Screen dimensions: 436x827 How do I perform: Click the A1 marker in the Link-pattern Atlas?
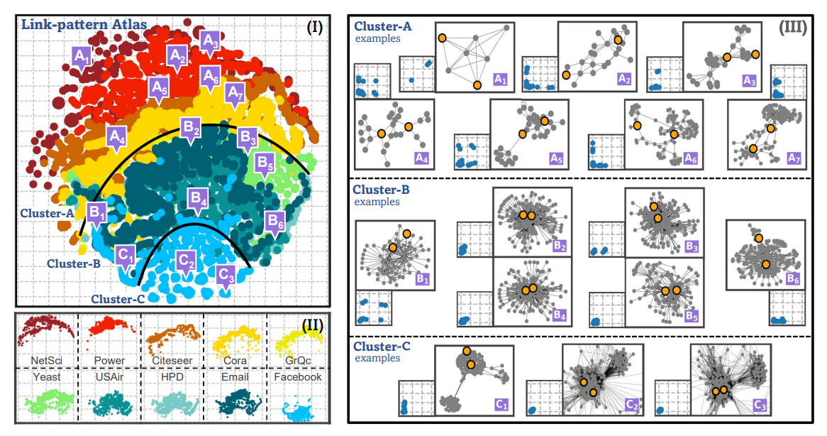tap(82, 55)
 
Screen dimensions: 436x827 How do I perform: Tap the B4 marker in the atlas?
tap(199, 198)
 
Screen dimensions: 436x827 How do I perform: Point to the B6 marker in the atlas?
tap(275, 222)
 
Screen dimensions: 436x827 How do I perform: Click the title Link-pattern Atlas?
tap(84, 24)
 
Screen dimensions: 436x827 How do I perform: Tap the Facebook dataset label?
tap(298, 377)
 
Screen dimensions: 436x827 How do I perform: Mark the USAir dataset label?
tap(108, 377)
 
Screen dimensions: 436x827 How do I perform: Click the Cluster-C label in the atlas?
tap(118, 298)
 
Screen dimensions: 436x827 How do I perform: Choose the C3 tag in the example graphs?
tap(760, 405)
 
